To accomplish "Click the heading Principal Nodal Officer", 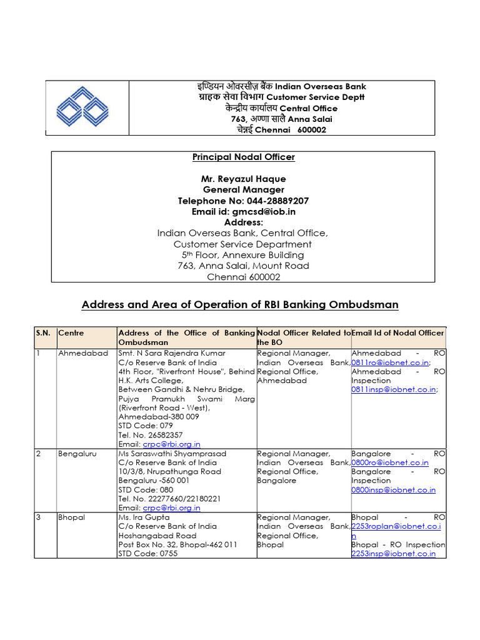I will tap(243, 157).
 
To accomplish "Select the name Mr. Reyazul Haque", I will tap(243, 179).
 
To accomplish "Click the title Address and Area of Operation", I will tap(240, 305).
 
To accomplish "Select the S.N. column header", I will tap(42, 333).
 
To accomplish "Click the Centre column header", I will tap(71, 333).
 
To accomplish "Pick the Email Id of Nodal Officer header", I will tap(398, 333).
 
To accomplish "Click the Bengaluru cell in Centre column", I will tap(76, 453).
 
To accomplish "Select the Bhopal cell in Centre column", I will tap(71, 517).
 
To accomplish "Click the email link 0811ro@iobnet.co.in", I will tap(390, 362).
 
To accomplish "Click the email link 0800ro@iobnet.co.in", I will tap(390, 462).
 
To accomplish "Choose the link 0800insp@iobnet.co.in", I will tap(394, 490).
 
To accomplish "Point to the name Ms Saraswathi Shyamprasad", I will tap(172, 453).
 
